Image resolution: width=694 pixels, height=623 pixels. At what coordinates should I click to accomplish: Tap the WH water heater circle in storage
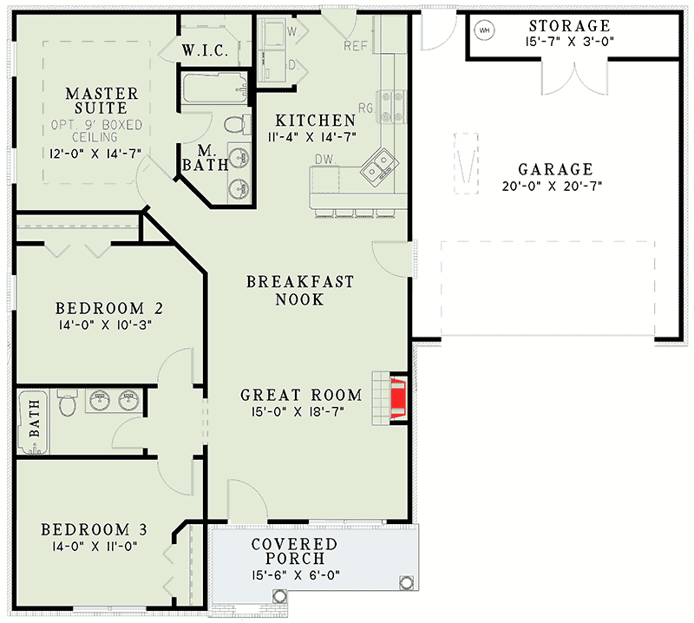click(x=484, y=30)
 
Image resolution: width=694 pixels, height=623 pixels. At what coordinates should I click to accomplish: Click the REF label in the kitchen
click(x=357, y=46)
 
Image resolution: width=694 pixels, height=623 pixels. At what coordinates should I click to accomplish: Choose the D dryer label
click(x=292, y=64)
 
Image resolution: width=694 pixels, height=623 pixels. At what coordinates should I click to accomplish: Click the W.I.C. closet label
click(x=205, y=51)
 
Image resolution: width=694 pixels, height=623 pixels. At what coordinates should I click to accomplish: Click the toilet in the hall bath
click(x=66, y=403)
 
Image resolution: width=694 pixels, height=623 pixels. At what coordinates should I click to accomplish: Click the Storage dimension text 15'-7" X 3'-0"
click(x=568, y=42)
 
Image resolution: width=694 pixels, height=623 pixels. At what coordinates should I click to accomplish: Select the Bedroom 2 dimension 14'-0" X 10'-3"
click(x=109, y=325)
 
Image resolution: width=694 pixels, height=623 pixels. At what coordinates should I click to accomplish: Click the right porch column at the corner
click(x=403, y=582)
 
